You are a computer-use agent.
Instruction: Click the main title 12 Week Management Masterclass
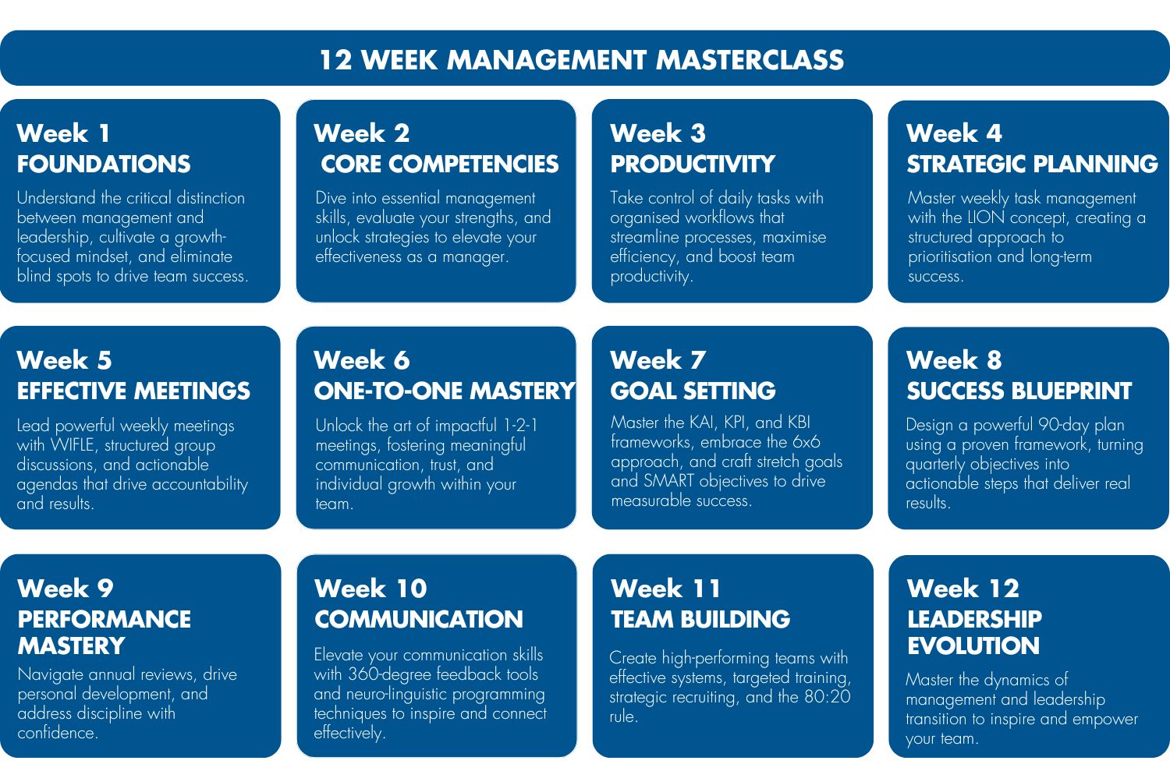581,60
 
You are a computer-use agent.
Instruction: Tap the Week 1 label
63,133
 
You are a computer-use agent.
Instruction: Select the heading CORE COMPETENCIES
440,164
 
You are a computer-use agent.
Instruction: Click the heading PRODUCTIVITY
693,164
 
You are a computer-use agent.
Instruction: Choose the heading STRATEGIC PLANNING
1032,164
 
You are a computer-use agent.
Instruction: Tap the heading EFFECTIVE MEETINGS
133,391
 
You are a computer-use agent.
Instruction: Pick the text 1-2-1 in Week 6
520,426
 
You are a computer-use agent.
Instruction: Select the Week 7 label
658,360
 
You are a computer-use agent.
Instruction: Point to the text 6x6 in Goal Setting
806,442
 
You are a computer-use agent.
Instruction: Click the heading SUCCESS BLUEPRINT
1019,391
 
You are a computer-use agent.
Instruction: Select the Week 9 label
65,588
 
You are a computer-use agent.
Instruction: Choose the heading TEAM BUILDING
700,619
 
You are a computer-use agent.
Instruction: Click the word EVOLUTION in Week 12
973,646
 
